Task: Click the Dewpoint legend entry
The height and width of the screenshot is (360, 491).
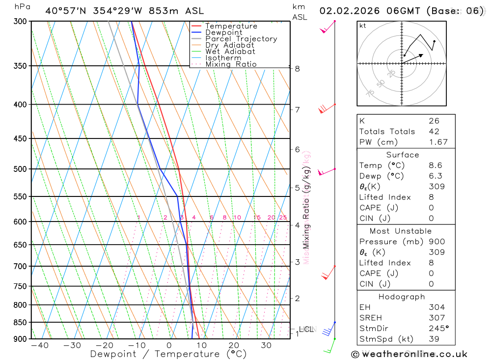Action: coord(224,32)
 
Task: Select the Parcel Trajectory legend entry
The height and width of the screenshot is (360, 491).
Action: coord(241,39)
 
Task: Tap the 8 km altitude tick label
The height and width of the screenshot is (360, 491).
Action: coord(298,69)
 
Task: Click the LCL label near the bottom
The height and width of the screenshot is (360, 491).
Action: coord(306,329)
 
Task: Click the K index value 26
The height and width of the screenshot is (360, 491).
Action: coord(434,121)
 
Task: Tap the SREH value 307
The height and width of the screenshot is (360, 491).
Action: coord(436,318)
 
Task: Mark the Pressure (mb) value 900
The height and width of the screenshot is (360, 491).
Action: coord(436,242)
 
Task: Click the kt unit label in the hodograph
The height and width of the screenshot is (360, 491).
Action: coord(363,26)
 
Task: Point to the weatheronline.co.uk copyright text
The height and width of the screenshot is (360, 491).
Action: coord(409,354)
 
